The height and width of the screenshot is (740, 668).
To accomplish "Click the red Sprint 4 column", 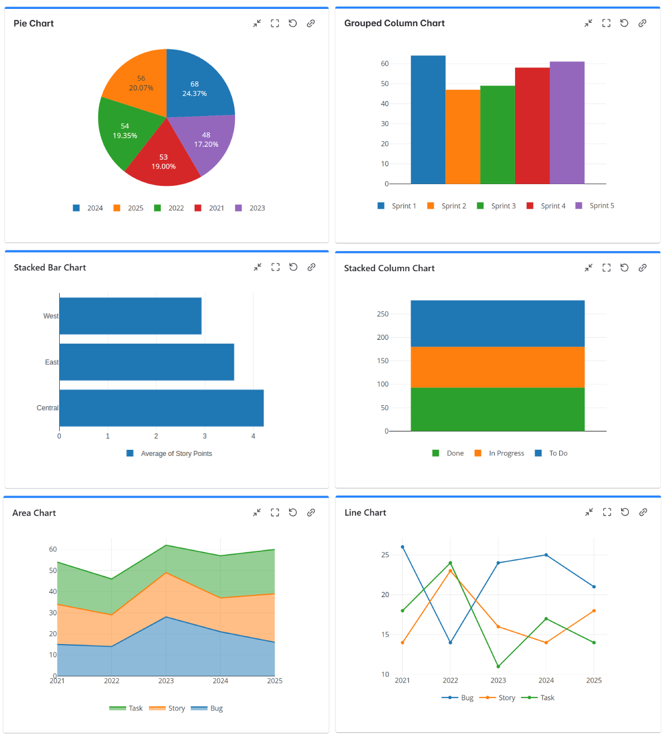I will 532,126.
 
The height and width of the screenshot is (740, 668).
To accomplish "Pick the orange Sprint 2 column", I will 463,137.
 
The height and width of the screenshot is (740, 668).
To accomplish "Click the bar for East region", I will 146,362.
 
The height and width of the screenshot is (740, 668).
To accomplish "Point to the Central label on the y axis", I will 47,408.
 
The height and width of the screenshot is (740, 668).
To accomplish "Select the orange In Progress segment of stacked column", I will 497,367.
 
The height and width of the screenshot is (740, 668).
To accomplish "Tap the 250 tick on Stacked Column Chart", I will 382,314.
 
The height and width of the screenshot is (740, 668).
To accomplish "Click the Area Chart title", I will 34,513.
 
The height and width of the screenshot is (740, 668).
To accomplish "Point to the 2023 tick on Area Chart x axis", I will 166,681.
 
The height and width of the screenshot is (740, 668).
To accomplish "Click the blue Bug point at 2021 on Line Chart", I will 402,547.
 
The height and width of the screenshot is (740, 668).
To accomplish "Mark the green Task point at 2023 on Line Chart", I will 498,666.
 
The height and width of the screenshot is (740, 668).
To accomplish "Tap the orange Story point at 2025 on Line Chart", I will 594,611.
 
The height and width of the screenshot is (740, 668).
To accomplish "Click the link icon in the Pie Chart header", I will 311,23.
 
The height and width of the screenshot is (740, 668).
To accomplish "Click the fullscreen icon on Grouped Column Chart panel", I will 606,23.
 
